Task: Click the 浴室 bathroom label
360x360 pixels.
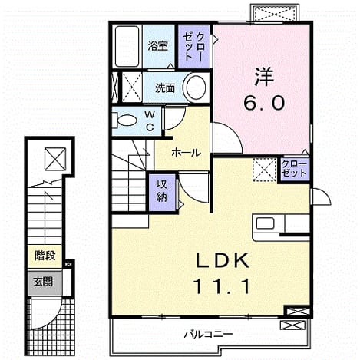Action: [x=158, y=46]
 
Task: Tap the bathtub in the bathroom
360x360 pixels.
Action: [x=127, y=46]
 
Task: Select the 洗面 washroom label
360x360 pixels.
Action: [x=165, y=88]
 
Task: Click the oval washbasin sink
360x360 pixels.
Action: [x=196, y=88]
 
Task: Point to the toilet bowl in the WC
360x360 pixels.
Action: [x=126, y=121]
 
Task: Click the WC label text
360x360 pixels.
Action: [x=150, y=121]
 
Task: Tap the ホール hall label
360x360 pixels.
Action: [x=186, y=153]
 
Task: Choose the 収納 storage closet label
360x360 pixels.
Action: [x=162, y=190]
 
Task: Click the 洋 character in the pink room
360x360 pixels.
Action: [x=264, y=77]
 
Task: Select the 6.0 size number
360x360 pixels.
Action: [x=264, y=103]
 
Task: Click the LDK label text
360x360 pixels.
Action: [x=223, y=260]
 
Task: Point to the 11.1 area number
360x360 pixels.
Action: [x=222, y=286]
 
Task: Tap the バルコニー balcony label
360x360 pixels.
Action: [x=209, y=334]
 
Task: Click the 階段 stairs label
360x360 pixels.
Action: [x=45, y=255]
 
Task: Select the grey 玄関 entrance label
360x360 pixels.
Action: [x=44, y=282]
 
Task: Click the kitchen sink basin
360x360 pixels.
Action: [x=266, y=223]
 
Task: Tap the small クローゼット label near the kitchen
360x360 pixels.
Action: [x=294, y=169]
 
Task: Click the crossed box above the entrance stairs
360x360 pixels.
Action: [x=55, y=159]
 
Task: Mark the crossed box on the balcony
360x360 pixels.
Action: [x=293, y=325]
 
